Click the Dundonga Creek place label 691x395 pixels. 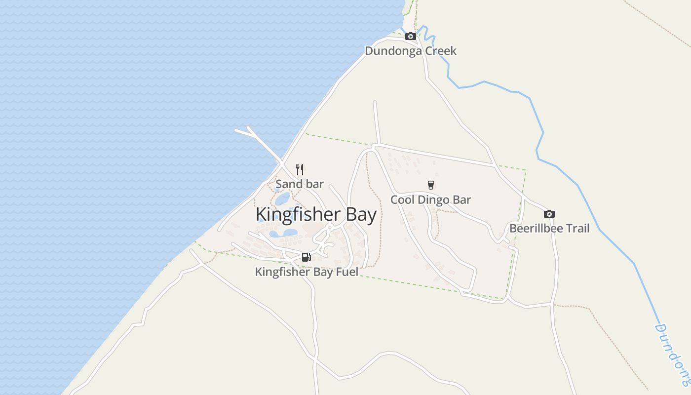pyautogui.click(x=411, y=51)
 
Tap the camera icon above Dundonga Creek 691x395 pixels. pyautogui.click(x=410, y=36)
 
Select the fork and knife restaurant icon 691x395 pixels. pyautogui.click(x=300, y=169)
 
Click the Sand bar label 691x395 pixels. pyautogui.click(x=300, y=184)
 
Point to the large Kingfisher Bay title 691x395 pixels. pyautogui.click(x=316, y=214)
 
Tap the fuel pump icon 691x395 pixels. pyautogui.click(x=307, y=257)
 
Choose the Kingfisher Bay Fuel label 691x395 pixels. pyautogui.click(x=307, y=272)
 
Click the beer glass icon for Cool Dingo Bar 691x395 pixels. pyautogui.click(x=431, y=185)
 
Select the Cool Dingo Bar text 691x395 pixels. pyautogui.click(x=430, y=199)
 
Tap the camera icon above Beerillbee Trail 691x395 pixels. pyautogui.click(x=549, y=214)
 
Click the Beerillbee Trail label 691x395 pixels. pyautogui.click(x=549, y=229)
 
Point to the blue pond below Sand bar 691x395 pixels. pyautogui.click(x=283, y=199)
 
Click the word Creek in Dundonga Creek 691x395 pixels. pyautogui.click(x=440, y=51)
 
